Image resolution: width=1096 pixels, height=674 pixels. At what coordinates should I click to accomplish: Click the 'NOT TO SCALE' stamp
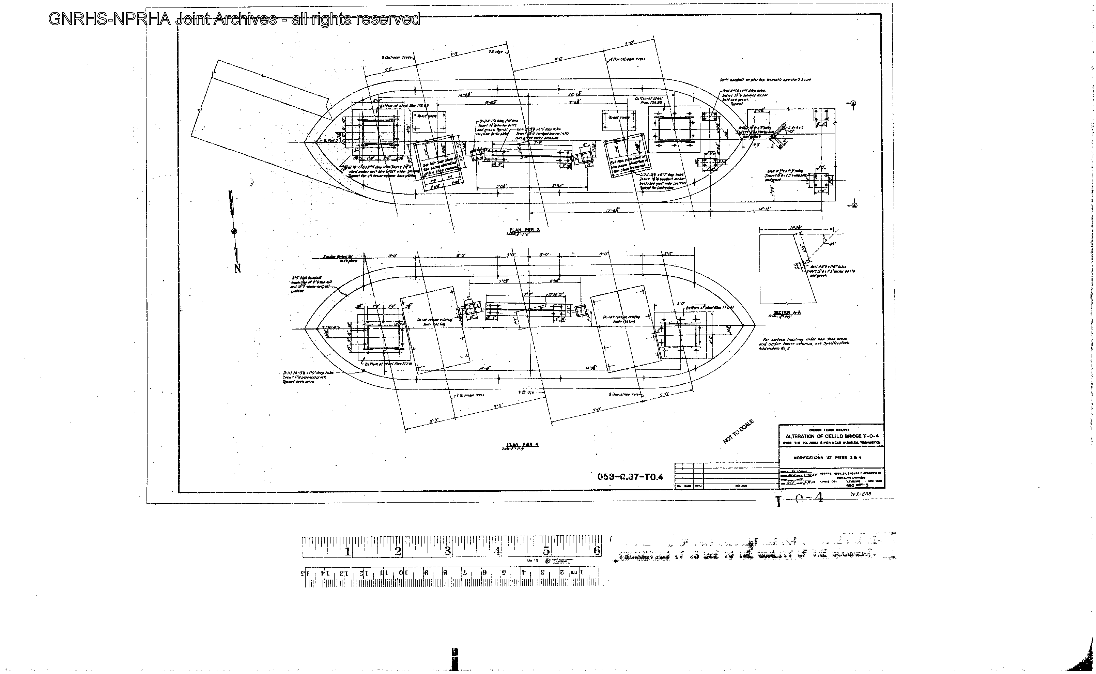(739, 431)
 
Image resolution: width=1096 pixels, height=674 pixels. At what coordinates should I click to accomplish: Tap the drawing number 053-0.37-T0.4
(630, 477)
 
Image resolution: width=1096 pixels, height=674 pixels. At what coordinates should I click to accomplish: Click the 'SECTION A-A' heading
(787, 312)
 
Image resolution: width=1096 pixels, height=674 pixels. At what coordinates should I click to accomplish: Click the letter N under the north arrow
(237, 269)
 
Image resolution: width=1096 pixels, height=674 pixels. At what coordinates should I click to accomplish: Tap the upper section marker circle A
(853, 104)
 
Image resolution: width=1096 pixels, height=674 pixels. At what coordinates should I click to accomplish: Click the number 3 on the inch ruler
(447, 551)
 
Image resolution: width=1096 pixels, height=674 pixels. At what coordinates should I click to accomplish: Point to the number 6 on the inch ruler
(596, 551)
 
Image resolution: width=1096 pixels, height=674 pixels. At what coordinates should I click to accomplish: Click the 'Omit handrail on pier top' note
(765, 80)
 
